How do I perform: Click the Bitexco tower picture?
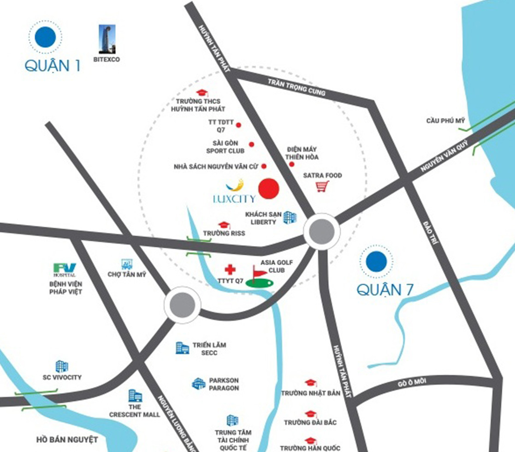tap(107, 40)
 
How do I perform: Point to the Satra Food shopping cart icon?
tap(322, 187)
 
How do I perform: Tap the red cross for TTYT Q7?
tap(230, 270)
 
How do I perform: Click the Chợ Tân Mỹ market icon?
tap(126, 264)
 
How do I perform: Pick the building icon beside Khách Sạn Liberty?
tap(290, 217)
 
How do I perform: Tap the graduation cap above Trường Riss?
tap(224, 225)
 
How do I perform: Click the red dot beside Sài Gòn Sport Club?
tap(251, 144)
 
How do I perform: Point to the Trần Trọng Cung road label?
tap(297, 87)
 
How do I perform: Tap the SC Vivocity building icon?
tap(62, 366)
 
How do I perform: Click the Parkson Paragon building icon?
tap(199, 383)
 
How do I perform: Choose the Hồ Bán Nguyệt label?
tap(67, 440)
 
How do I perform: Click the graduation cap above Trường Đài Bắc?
tap(310, 414)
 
